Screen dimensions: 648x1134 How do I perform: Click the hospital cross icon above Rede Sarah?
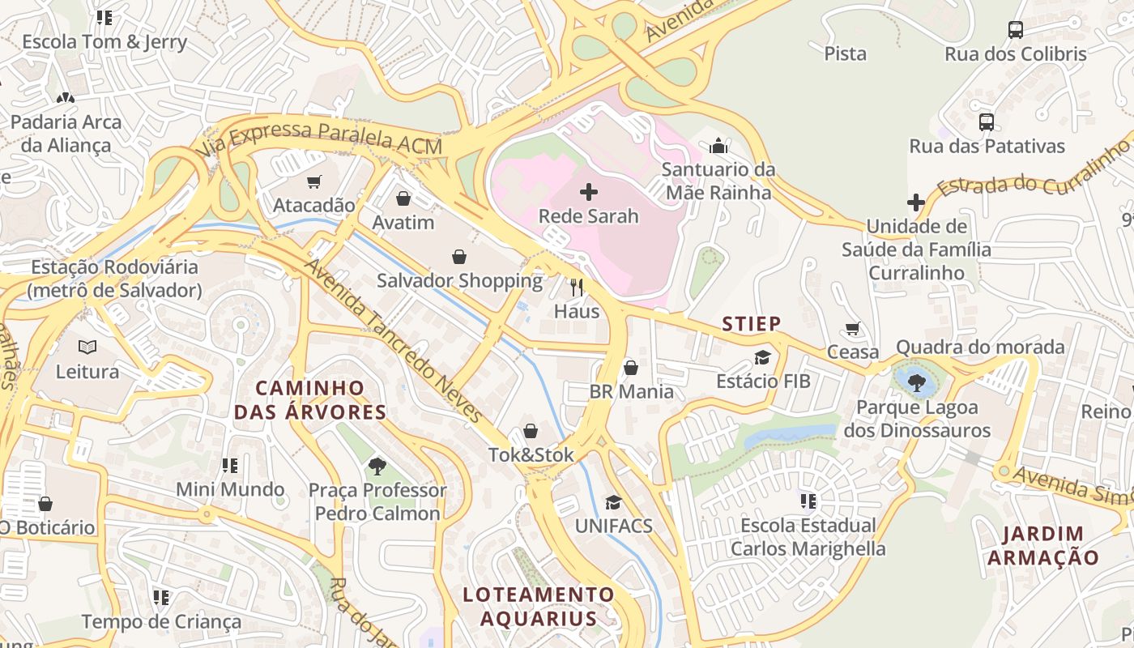pos(589,192)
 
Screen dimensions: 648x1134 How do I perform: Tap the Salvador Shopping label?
pos(459,281)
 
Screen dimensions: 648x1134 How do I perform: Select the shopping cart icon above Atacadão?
pos(314,181)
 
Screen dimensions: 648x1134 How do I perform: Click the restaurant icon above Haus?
pos(577,287)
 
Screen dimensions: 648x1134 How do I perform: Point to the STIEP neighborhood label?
pos(752,325)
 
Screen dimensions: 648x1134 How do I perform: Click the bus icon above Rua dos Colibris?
pos(1015,30)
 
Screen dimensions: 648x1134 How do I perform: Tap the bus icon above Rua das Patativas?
pos(986,122)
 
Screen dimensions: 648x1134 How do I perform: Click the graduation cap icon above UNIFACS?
pos(613,502)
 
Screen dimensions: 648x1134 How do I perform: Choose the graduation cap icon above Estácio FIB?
pos(762,357)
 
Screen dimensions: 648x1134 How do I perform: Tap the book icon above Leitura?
pos(87,347)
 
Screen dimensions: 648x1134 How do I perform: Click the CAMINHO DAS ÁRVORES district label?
pos(310,400)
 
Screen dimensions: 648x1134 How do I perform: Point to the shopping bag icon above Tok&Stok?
pos(531,431)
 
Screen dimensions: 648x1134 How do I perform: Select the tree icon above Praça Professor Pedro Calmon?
pos(377,466)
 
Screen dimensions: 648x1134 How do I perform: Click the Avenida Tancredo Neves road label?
pos(394,341)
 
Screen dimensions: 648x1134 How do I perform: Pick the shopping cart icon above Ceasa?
pos(852,328)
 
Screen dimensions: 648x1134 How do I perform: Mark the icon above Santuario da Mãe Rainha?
pos(718,147)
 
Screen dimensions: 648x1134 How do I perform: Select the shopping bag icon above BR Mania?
pos(631,368)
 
